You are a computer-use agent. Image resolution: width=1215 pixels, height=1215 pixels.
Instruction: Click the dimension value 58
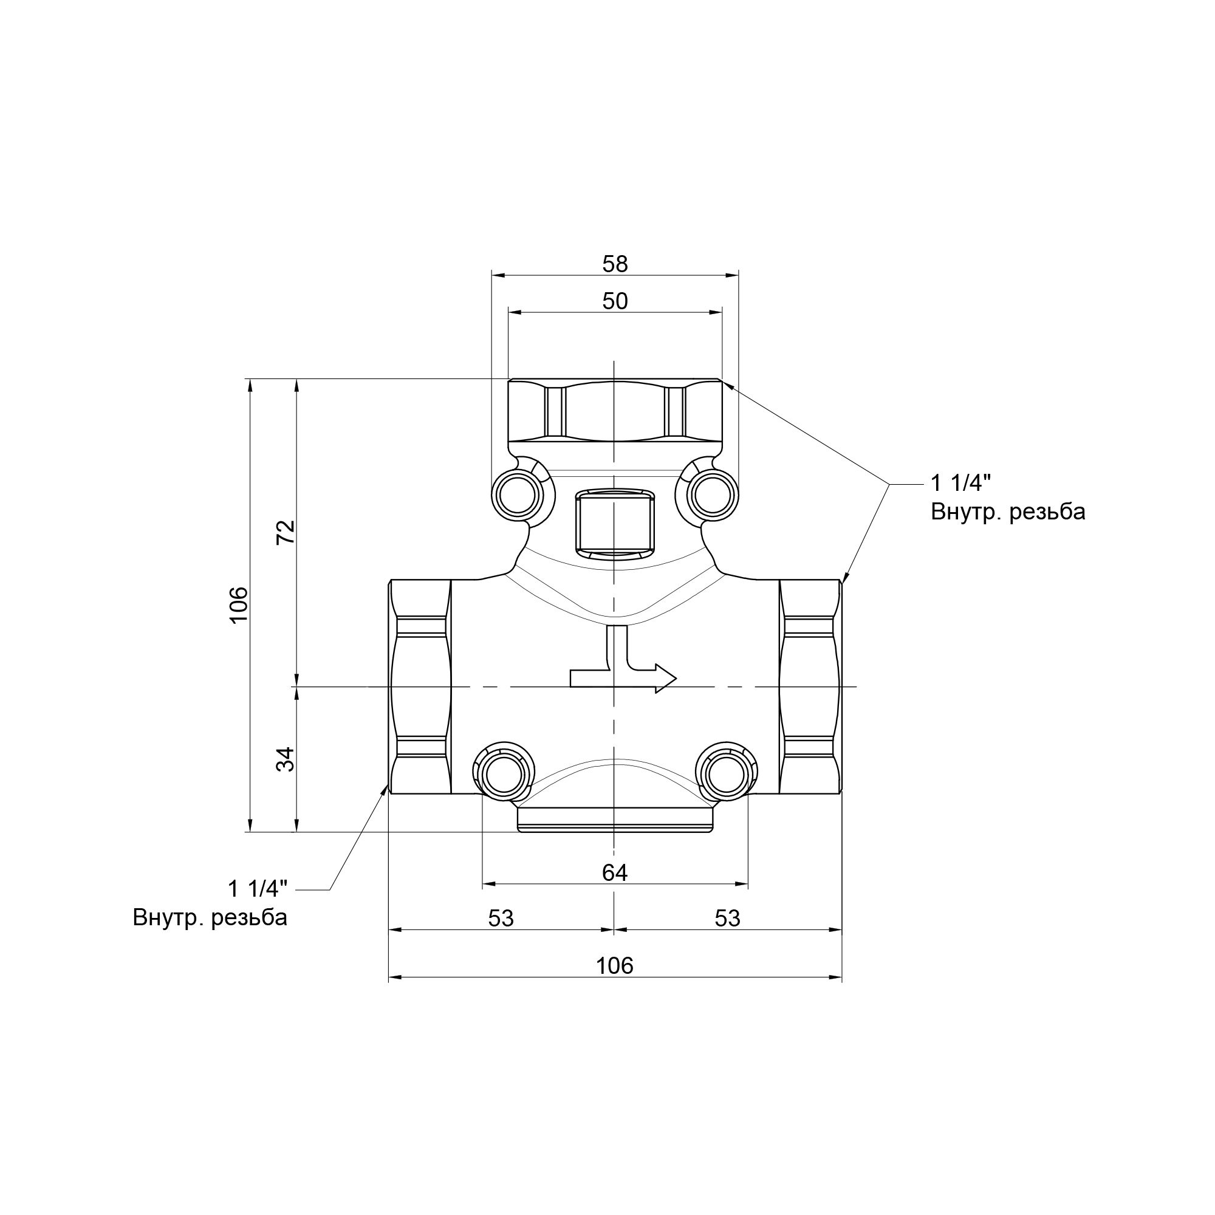click(x=614, y=264)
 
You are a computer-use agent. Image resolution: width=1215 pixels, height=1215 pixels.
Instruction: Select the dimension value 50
click(x=614, y=301)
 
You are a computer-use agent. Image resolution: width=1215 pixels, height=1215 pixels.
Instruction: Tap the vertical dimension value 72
click(x=286, y=532)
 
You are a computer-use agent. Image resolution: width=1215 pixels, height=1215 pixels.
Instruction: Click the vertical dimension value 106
click(x=239, y=604)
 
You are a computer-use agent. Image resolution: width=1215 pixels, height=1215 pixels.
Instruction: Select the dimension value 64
click(x=614, y=873)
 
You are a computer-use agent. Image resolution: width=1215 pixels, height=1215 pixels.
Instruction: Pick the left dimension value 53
click(x=501, y=919)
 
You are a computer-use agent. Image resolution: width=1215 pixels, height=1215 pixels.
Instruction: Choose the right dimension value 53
click(x=728, y=919)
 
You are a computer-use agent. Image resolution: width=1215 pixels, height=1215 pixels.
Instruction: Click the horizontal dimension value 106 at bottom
click(x=614, y=965)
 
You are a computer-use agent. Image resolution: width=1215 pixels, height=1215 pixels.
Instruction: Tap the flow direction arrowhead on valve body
click(x=665, y=679)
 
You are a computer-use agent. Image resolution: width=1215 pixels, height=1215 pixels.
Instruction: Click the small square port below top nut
click(x=614, y=522)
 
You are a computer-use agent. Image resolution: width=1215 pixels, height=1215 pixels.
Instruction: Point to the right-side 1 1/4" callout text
click(x=960, y=483)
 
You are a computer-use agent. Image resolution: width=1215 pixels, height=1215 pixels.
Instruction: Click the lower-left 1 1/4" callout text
click(x=257, y=889)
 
